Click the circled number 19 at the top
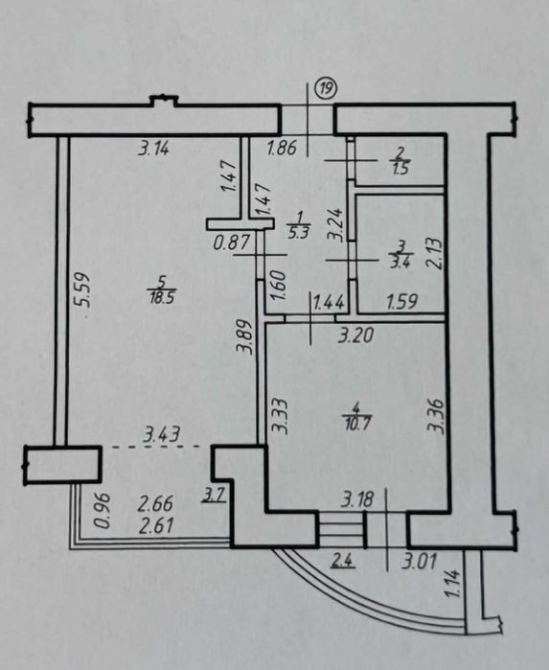[x=326, y=89]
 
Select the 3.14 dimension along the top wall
[x=154, y=150]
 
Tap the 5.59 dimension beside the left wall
[x=81, y=289]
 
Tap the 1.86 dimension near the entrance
[x=282, y=149]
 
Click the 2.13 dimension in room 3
[x=435, y=253]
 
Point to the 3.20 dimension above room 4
[x=355, y=335]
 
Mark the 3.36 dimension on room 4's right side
[x=437, y=416]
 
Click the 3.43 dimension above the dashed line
[x=162, y=434]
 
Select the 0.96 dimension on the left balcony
[x=103, y=511]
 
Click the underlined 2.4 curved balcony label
[x=343, y=561]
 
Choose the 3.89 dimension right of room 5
[x=245, y=337]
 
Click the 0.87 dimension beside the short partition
[x=231, y=243]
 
